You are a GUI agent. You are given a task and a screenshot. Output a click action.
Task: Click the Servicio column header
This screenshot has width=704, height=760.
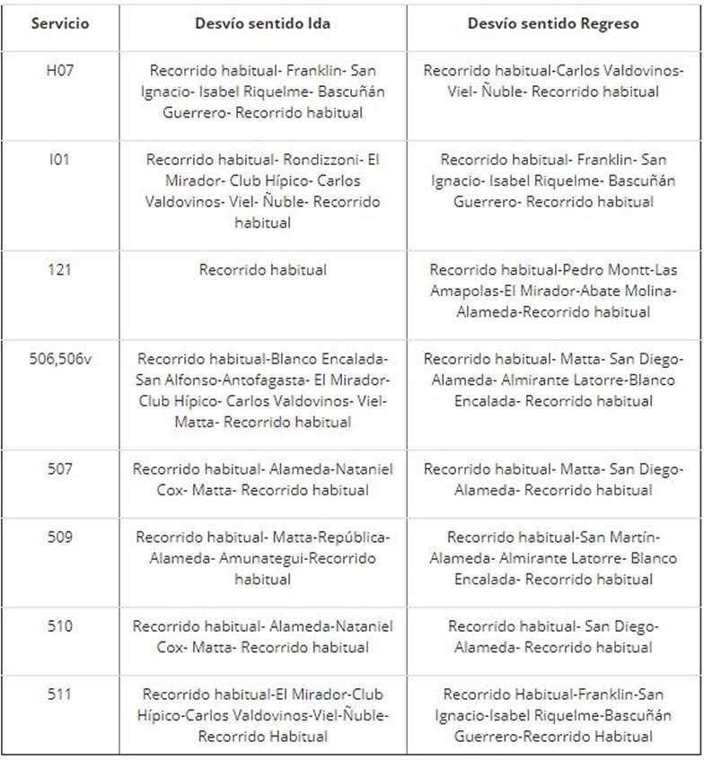[60, 24]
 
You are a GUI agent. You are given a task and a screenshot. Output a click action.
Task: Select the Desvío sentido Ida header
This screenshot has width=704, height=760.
[262, 24]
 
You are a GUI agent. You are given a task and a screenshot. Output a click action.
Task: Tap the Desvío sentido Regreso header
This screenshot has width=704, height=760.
[553, 24]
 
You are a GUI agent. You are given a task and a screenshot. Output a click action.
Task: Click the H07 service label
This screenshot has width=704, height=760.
[60, 70]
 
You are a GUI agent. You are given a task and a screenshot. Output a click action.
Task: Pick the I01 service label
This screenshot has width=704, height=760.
[60, 160]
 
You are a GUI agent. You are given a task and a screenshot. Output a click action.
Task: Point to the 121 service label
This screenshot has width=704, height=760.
[60, 269]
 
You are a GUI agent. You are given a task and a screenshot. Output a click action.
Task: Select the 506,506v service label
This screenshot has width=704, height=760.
[60, 358]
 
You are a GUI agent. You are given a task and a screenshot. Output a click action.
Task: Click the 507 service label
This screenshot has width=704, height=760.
[60, 468]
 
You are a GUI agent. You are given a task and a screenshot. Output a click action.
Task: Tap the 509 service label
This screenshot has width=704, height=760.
[60, 537]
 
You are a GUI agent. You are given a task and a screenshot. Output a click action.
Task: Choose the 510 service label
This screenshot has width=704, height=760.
[60, 625]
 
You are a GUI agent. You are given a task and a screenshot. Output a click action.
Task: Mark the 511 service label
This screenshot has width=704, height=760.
[60, 694]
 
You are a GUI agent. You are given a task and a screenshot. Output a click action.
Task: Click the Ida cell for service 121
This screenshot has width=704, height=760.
[262, 269]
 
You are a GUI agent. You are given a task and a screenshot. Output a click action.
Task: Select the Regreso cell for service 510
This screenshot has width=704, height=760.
[553, 636]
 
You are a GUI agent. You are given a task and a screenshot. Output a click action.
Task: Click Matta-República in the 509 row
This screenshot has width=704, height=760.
[328, 537]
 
